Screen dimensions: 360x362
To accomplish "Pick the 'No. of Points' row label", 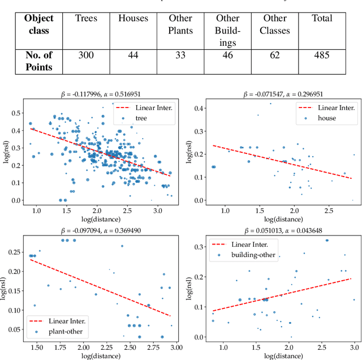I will click(x=38, y=61).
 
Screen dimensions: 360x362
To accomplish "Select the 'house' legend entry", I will click(x=326, y=118).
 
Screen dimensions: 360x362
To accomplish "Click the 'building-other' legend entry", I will click(x=255, y=255).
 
